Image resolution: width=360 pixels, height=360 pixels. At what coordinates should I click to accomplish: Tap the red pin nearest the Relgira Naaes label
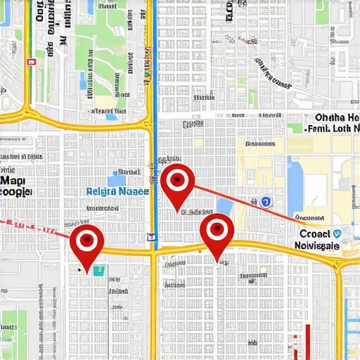point(177,181)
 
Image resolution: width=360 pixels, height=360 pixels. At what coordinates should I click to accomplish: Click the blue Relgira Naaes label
point(117,191)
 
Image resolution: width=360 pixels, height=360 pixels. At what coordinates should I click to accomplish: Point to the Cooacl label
point(314,233)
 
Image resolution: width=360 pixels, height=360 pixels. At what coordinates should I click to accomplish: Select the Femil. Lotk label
point(333,129)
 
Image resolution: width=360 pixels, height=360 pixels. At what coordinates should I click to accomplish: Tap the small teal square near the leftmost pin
point(98,270)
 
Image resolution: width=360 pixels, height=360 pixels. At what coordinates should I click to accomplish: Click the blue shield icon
point(266,202)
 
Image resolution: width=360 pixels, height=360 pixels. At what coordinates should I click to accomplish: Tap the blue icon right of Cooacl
point(338,234)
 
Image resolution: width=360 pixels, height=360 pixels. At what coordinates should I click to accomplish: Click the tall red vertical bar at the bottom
point(307,341)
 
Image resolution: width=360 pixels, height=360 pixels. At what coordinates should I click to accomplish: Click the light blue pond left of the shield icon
point(225,206)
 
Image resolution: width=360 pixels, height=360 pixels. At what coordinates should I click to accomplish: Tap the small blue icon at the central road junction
point(152,237)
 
